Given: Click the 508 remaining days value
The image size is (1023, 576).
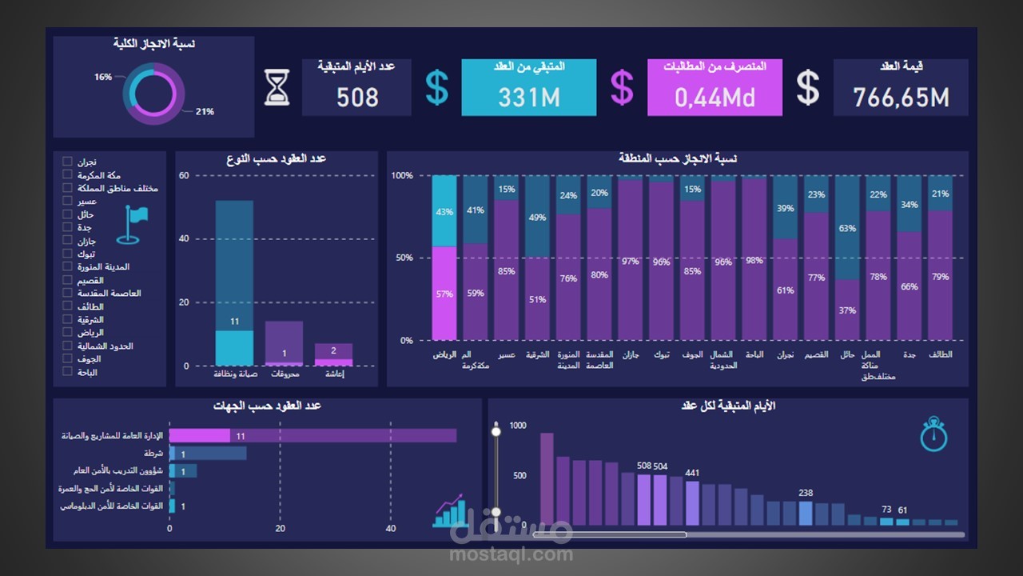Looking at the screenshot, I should pyautogui.click(x=357, y=98).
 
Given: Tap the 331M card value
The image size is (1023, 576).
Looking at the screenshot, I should pyautogui.click(x=528, y=98).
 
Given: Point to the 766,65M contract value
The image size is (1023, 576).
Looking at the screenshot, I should pyautogui.click(x=901, y=98).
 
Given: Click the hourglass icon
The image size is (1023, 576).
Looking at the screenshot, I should pyautogui.click(x=277, y=87).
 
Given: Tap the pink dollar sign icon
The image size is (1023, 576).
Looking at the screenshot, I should pyautogui.click(x=622, y=87).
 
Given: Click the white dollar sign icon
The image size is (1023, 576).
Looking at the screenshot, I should pyautogui.click(x=808, y=87).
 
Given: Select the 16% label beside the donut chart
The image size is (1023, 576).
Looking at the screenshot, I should pyautogui.click(x=103, y=77).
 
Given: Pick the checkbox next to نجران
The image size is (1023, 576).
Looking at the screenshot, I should pyautogui.click(x=67, y=162).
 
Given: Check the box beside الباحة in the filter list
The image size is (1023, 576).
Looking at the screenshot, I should pyautogui.click(x=67, y=372).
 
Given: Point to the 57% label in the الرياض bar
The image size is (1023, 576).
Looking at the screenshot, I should pyautogui.click(x=444, y=294).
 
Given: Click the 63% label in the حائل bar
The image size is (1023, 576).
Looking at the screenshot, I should pyautogui.click(x=847, y=228).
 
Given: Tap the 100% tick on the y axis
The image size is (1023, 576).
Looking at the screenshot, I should pyautogui.click(x=402, y=175).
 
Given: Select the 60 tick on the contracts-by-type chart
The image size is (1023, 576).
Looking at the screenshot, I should pyautogui.click(x=184, y=175).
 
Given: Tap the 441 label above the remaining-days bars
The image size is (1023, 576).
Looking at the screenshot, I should pyautogui.click(x=692, y=473).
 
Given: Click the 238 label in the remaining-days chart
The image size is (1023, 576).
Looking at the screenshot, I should pyautogui.click(x=806, y=493).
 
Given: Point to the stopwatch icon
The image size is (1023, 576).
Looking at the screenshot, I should pyautogui.click(x=933, y=434).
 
